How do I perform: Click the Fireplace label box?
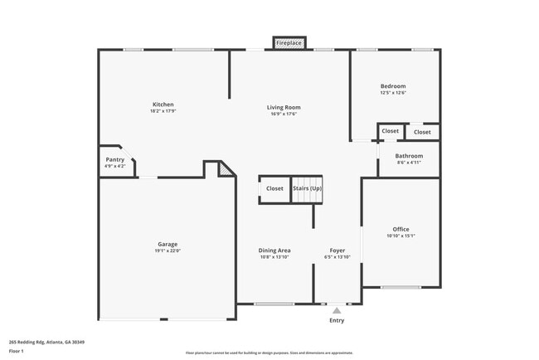pos(289,42)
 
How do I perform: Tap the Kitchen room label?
pos(163,105)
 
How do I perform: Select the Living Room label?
pos(284,107)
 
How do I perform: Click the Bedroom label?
pos(393,86)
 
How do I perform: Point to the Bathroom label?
pos(409,156)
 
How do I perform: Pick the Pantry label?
pos(115,160)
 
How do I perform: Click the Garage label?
pos(168,244)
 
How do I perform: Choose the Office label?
pos(401,229)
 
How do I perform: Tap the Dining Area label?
pos(274,250)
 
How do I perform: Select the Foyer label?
pos(337,250)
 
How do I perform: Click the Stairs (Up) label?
pos(307,188)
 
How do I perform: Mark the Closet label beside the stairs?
pos(274,188)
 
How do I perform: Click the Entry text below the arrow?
pos(337,320)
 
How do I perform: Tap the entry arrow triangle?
pos(337,311)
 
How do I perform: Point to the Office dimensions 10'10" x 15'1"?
pos(401,236)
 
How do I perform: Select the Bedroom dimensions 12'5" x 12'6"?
pos(393,93)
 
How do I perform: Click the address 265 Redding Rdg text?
pos(46,342)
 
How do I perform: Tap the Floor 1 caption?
pos(17,352)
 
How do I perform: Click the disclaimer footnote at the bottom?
pos(269,353)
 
